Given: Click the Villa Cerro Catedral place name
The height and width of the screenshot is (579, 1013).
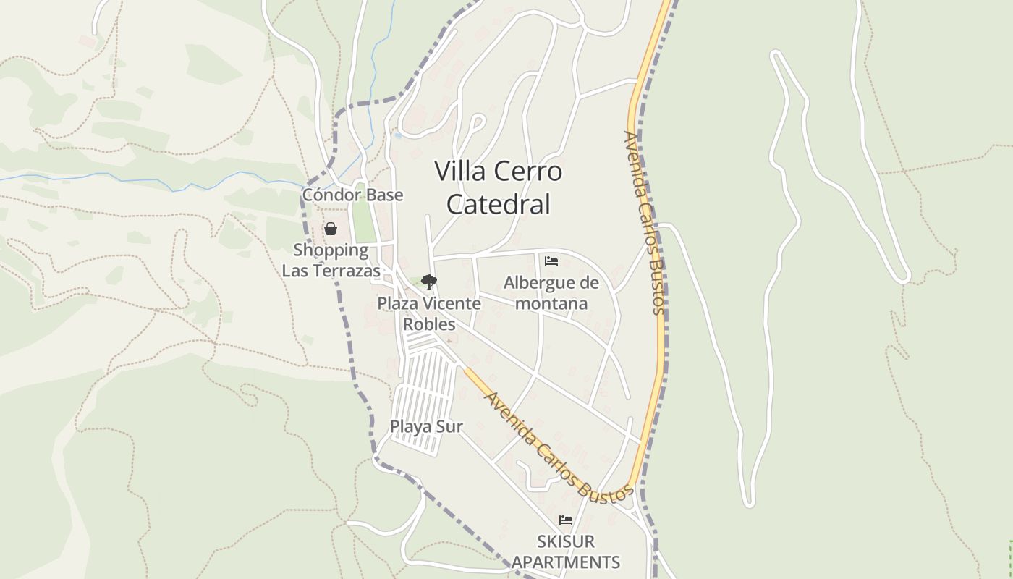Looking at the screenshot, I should (x=499, y=187).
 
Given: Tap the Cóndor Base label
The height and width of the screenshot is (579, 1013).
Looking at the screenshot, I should (x=352, y=195).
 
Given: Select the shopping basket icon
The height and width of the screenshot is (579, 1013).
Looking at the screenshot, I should (x=331, y=229).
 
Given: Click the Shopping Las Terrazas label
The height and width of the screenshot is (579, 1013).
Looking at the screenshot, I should (x=331, y=261).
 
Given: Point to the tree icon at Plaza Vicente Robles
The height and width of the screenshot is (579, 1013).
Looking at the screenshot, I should (x=428, y=282).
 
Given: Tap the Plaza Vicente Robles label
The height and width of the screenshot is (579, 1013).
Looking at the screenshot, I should (x=429, y=313).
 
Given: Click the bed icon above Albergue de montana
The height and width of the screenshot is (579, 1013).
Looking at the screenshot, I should (x=551, y=261).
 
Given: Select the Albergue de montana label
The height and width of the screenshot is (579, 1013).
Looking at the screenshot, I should (x=551, y=292).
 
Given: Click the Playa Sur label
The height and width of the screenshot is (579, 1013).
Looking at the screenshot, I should (x=426, y=426).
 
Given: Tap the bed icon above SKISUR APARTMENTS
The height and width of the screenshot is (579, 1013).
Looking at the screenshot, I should (x=565, y=520).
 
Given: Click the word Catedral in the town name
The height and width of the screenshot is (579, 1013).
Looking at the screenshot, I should (x=499, y=204).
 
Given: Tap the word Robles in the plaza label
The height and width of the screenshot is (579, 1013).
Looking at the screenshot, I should (x=429, y=324).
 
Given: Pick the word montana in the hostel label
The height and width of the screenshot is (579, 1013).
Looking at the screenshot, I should (x=551, y=303).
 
